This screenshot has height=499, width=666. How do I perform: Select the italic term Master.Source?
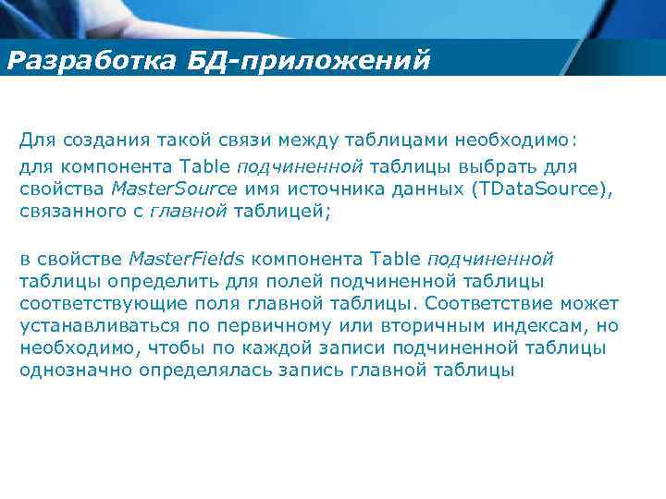tap(173, 189)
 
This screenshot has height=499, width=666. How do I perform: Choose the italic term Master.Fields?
tap(187, 258)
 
